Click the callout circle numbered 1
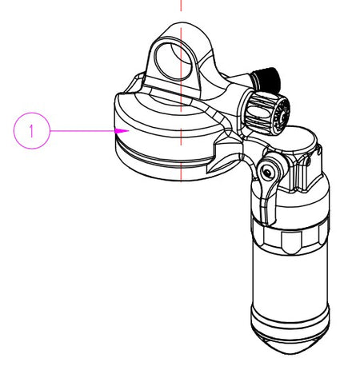point(32,131)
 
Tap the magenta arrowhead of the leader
point(122,131)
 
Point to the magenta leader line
point(82,131)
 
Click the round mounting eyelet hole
point(174,61)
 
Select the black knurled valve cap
point(266,79)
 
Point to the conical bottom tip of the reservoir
point(290,344)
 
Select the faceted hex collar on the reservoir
point(290,237)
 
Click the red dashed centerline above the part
point(181,6)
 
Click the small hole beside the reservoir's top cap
point(309,161)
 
